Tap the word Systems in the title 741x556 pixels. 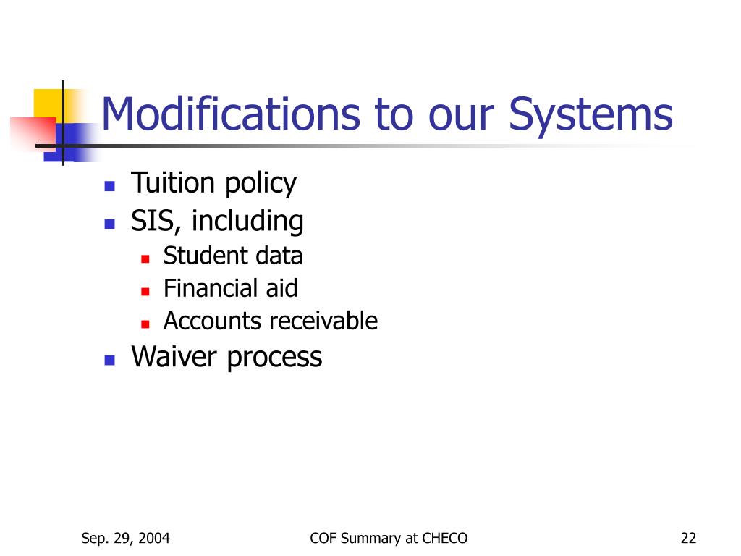[590, 114]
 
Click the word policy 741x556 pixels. [260, 185]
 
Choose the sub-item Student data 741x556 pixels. [232, 256]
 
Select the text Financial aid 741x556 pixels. [230, 288]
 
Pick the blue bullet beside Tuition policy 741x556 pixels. [109, 186]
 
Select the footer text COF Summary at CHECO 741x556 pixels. [389, 538]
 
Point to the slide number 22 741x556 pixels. [688, 538]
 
